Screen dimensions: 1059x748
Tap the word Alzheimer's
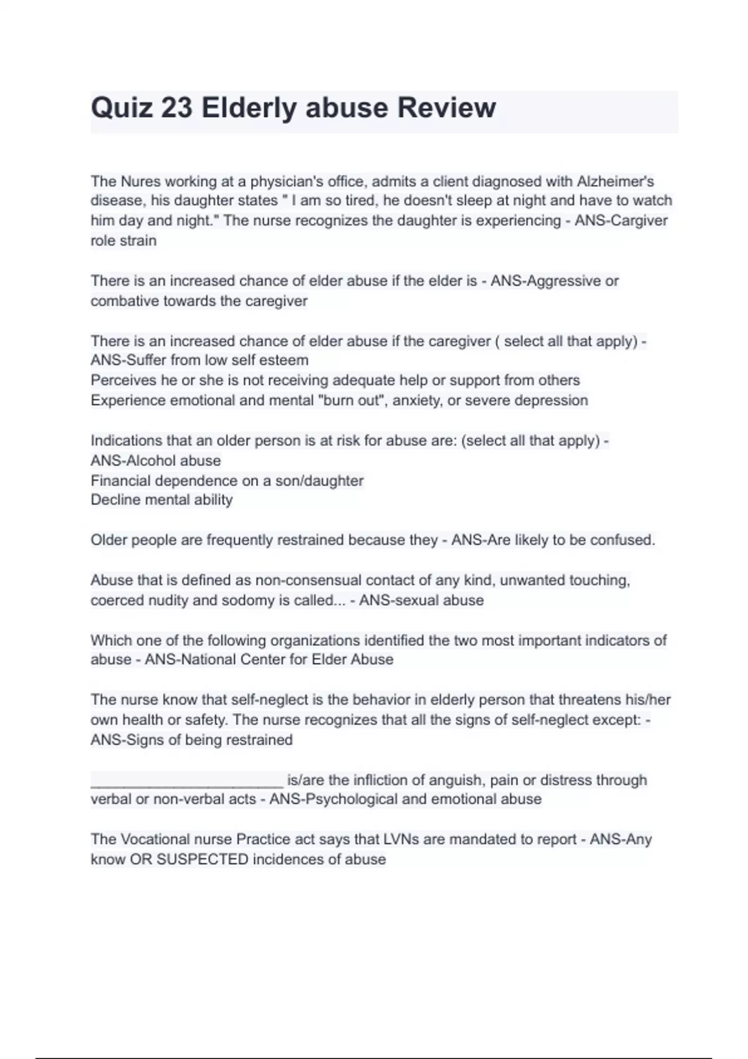pos(615,181)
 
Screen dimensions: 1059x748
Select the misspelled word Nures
pos(140,181)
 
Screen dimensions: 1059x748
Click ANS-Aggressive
pos(546,281)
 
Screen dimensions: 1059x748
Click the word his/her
pos(648,700)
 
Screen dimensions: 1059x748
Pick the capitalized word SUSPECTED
pos(202,859)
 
